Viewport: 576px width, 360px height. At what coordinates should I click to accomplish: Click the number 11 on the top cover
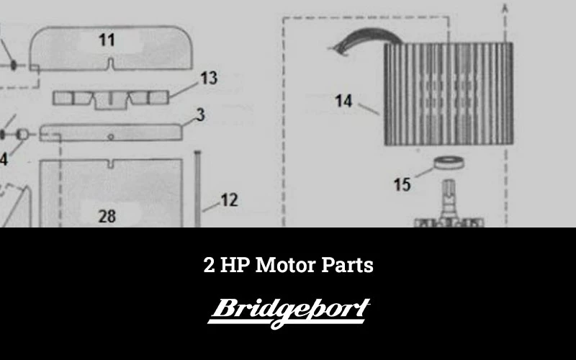[x=107, y=40]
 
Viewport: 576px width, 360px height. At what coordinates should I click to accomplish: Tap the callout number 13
[x=209, y=78]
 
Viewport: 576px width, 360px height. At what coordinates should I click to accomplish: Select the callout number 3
[x=201, y=115]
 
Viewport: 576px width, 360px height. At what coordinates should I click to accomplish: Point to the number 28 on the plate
[x=107, y=216]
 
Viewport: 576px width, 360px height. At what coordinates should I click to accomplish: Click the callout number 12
[x=230, y=200]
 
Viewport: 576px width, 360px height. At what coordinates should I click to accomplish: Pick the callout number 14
[x=343, y=101]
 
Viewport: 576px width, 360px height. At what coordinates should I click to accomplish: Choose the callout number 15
[x=402, y=184]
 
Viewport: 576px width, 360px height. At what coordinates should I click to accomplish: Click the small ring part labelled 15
[x=449, y=163]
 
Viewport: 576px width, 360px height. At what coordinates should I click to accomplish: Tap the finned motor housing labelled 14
[x=449, y=94]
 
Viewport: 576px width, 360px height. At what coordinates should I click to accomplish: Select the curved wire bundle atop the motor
[x=367, y=40]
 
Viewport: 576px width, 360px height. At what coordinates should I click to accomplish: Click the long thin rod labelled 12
[x=197, y=189]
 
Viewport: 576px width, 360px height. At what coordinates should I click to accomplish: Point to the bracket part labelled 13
[x=111, y=100]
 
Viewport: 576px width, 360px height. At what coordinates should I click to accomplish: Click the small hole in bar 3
[x=111, y=137]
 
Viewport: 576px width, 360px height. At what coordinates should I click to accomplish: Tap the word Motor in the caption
[x=285, y=264]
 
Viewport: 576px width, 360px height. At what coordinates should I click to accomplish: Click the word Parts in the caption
[x=347, y=265]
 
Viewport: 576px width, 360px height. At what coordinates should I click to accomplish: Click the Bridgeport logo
[x=289, y=313]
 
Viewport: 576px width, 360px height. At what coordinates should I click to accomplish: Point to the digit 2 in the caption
[x=209, y=264]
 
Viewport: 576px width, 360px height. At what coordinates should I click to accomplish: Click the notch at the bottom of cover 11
[x=111, y=64]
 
